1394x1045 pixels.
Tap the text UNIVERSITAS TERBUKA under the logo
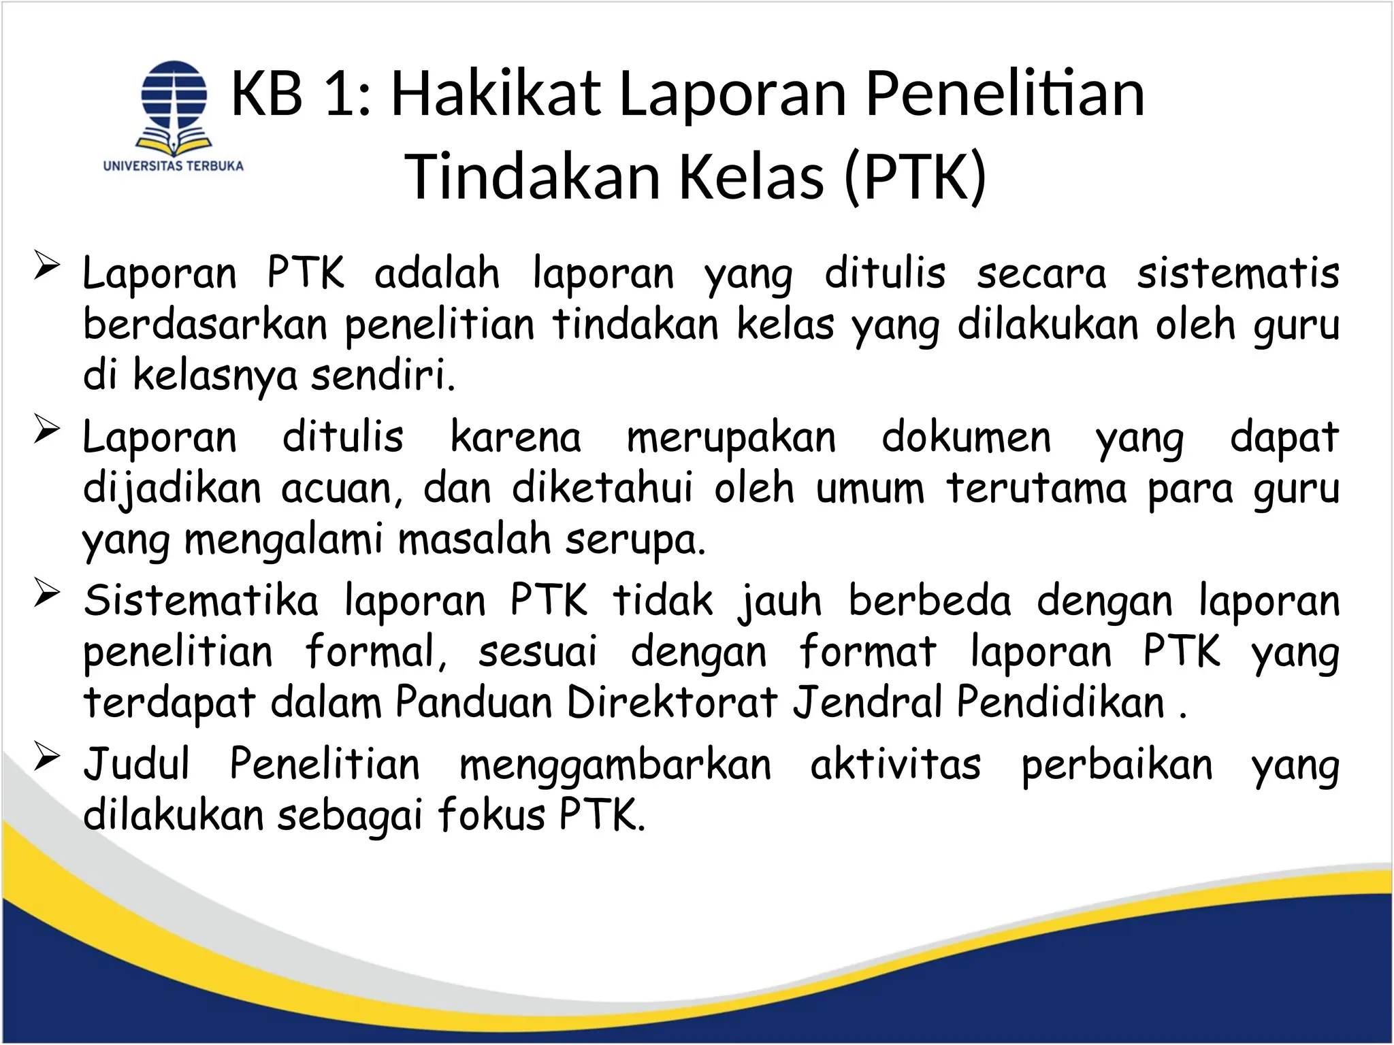(x=174, y=165)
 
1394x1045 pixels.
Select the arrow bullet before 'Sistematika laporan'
(x=47, y=593)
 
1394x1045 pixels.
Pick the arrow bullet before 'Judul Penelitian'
(x=47, y=757)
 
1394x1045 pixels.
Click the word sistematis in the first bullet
(x=1237, y=273)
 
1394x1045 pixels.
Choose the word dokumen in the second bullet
(x=966, y=437)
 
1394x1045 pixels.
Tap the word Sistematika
(x=201, y=601)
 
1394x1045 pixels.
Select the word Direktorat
(x=671, y=702)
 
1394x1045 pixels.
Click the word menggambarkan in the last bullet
(x=615, y=765)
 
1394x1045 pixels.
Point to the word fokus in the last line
(x=491, y=815)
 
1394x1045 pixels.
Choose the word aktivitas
(x=895, y=765)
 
